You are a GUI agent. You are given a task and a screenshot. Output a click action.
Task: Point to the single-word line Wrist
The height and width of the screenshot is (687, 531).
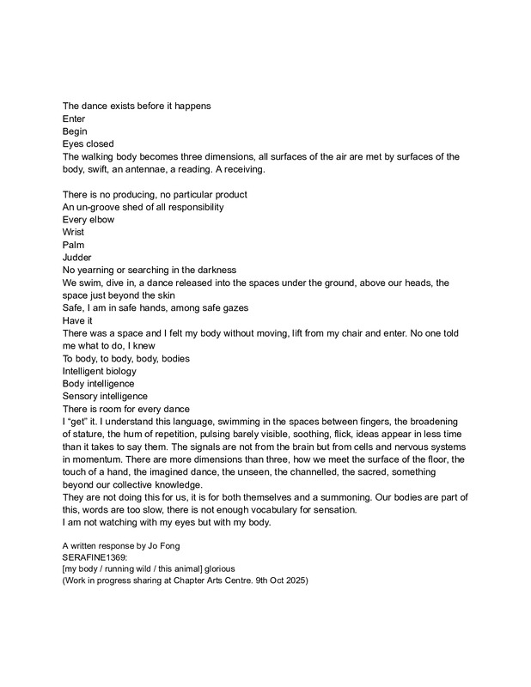(74, 232)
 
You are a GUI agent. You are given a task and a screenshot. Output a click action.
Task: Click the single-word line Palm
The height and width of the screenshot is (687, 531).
(74, 245)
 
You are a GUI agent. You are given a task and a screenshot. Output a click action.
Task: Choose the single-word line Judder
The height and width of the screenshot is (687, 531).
(77, 257)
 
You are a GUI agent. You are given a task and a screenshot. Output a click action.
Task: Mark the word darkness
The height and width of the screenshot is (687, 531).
(214, 270)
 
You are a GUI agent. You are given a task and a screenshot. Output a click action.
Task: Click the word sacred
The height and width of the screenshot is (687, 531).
(378, 471)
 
